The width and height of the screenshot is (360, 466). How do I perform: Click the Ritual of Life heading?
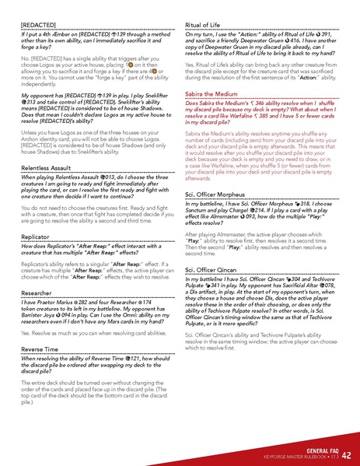tap(209, 26)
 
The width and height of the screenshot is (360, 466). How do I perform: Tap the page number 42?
tap(346, 454)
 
